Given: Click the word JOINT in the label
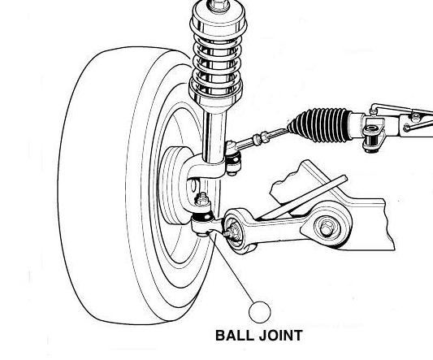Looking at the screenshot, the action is pos(281,336).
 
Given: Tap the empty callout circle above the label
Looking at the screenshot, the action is pos(260,312).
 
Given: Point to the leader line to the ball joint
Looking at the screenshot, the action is pos(232,267).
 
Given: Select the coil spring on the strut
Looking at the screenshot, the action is pos(216,63).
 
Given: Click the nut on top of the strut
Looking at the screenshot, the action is pos(219,5).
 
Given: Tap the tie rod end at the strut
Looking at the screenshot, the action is pos(233,158).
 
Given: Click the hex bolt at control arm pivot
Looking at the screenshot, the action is pos(327,228).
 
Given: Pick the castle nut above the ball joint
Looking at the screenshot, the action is pos(202,199).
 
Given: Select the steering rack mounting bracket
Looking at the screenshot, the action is pos(374,135).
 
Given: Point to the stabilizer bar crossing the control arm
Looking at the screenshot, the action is pos(304,197).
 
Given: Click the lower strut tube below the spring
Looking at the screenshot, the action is pos(214,137).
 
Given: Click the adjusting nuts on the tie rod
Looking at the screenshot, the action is pos(261,138).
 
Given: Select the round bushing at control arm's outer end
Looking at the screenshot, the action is pos(234,231).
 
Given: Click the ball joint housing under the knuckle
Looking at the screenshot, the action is pos(201,223).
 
